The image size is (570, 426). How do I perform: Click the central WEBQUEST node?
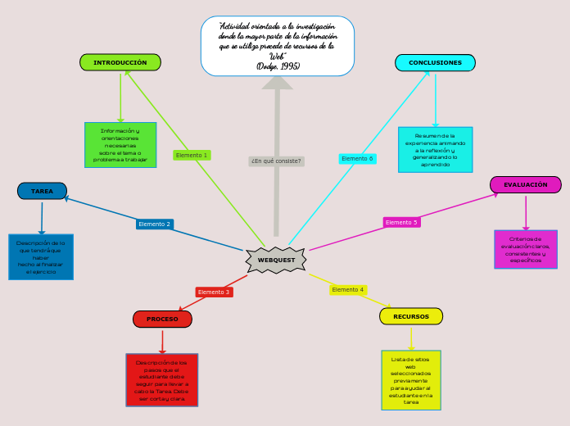276,260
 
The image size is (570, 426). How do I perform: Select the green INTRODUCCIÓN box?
120,62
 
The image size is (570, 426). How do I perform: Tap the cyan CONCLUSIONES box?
435,62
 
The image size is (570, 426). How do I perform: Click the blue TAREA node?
42,191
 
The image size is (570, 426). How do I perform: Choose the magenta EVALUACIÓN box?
525,185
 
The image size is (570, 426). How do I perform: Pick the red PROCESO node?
162,319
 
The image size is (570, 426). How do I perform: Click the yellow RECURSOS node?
410,316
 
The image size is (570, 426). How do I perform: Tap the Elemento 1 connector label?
192,155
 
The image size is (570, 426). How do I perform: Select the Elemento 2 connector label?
155,224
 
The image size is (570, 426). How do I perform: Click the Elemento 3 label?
214,292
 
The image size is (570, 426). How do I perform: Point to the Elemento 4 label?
348,289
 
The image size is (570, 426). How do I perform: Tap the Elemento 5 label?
401,222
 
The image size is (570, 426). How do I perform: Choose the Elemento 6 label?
357,158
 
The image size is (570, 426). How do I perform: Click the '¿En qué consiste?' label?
276,161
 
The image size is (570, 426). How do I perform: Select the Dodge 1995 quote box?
278,46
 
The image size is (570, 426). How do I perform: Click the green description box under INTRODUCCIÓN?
120,145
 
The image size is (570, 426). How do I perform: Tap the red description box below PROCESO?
161,379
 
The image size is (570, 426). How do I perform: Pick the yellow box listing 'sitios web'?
410,380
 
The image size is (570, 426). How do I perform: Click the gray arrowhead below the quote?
278,83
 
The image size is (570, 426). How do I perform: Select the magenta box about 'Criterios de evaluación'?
525,249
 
